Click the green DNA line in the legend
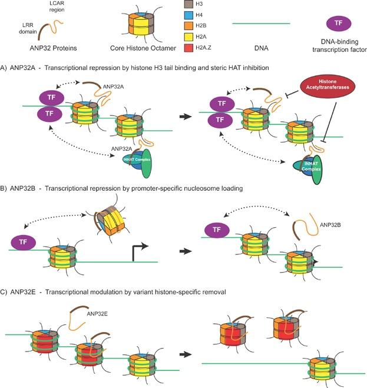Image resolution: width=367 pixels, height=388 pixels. pos(261,24)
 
